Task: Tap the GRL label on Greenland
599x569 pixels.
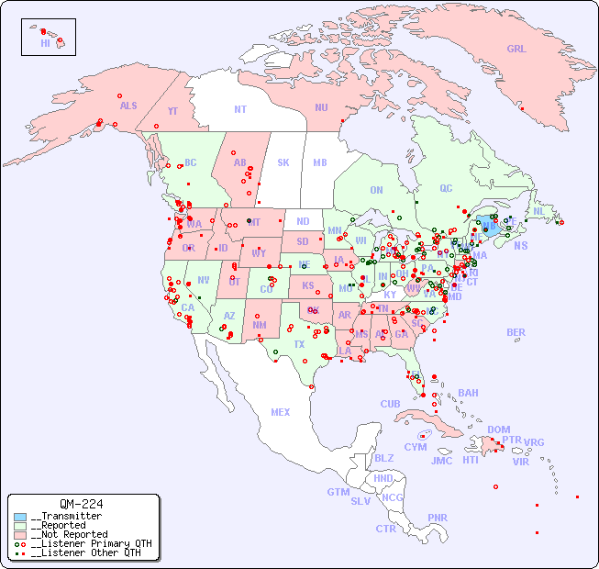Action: pos(516,49)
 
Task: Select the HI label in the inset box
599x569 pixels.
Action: pos(45,42)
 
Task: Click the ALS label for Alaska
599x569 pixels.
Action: pos(128,106)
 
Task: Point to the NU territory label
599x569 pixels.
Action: pos(321,107)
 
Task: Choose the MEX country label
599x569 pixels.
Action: pos(281,412)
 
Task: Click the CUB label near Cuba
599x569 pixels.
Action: pos(390,404)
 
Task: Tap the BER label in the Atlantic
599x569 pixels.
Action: pos(516,332)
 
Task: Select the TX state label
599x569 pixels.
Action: pos(299,344)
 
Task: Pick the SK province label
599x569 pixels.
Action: pos(283,162)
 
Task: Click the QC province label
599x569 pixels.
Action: pos(446,188)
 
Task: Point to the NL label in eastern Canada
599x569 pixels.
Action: pos(539,210)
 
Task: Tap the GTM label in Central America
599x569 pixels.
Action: pos(338,492)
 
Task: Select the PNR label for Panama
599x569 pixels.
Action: pos(438,518)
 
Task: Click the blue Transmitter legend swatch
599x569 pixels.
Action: pos(20,517)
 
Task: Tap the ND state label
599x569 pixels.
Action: pos(303,221)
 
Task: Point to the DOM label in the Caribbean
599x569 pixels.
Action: pos(498,430)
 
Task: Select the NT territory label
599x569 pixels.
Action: pos(239,108)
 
